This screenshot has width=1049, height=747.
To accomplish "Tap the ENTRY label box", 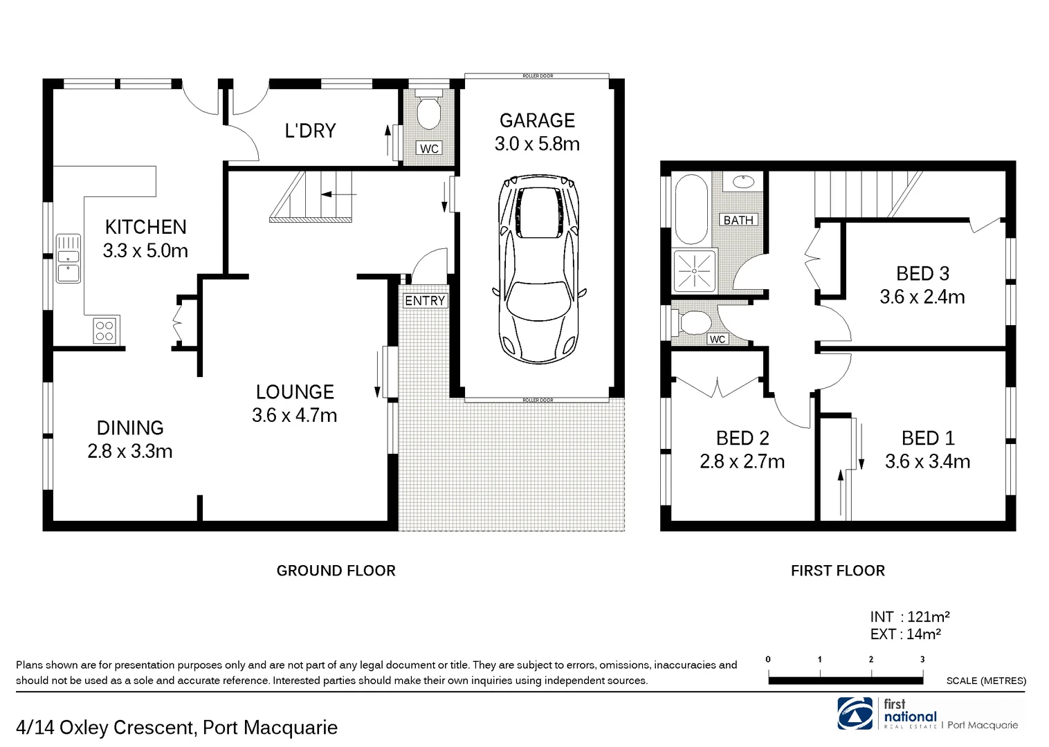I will (425, 301).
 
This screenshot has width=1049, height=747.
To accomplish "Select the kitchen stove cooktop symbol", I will (105, 330).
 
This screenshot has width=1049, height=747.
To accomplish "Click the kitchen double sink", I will (68, 258).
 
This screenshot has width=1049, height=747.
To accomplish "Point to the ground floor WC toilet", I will (429, 111).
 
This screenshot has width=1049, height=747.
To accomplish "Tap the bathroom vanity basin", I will (742, 182).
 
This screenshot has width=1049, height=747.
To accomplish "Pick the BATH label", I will (738, 220).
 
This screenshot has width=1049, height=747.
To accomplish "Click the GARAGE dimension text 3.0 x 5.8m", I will (537, 144).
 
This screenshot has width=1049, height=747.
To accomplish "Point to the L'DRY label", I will (310, 131).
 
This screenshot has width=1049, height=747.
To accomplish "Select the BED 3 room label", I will (922, 274).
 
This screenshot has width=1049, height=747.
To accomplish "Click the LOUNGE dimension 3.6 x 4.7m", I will (295, 415).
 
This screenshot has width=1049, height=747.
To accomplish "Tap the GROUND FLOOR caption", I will (336, 571).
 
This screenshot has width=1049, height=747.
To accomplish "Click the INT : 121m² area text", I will (910, 616).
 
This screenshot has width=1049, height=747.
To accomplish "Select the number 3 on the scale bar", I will (922, 659).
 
